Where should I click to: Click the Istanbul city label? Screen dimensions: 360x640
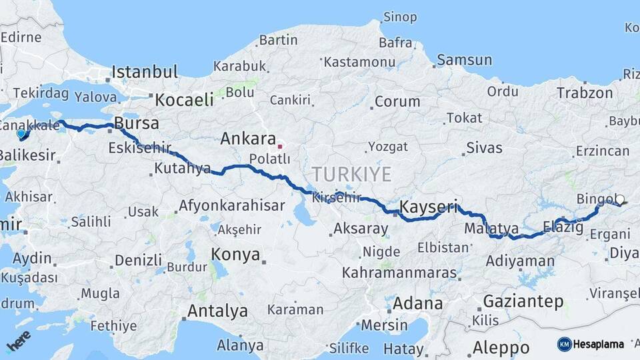pos(145,72)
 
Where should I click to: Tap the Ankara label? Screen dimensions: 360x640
pos(248,139)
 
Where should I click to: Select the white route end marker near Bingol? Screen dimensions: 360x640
pos(620,199)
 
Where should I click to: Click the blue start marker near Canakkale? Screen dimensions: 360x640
pos(21,133)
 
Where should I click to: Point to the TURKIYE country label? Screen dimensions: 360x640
pos(351,175)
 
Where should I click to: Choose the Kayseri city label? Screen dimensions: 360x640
pos(429,207)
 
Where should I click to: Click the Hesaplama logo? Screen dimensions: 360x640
pos(591,344)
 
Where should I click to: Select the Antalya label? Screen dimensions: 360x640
pos(217,311)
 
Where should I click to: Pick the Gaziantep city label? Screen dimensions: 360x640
pos(523,301)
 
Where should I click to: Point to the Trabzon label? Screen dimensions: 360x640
pos(585,93)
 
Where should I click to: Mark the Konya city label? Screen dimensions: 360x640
pos(234,254)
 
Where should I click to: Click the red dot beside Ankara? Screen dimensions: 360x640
pos(281,146)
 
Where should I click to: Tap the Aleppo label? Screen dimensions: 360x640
pos(501,347)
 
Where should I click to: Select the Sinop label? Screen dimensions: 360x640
pos(400,17)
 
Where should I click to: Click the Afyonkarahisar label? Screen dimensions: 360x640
pos(231,205)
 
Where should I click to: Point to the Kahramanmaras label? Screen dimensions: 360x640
pos(399,273)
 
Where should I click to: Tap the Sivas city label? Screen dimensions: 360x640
pos(485,147)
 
